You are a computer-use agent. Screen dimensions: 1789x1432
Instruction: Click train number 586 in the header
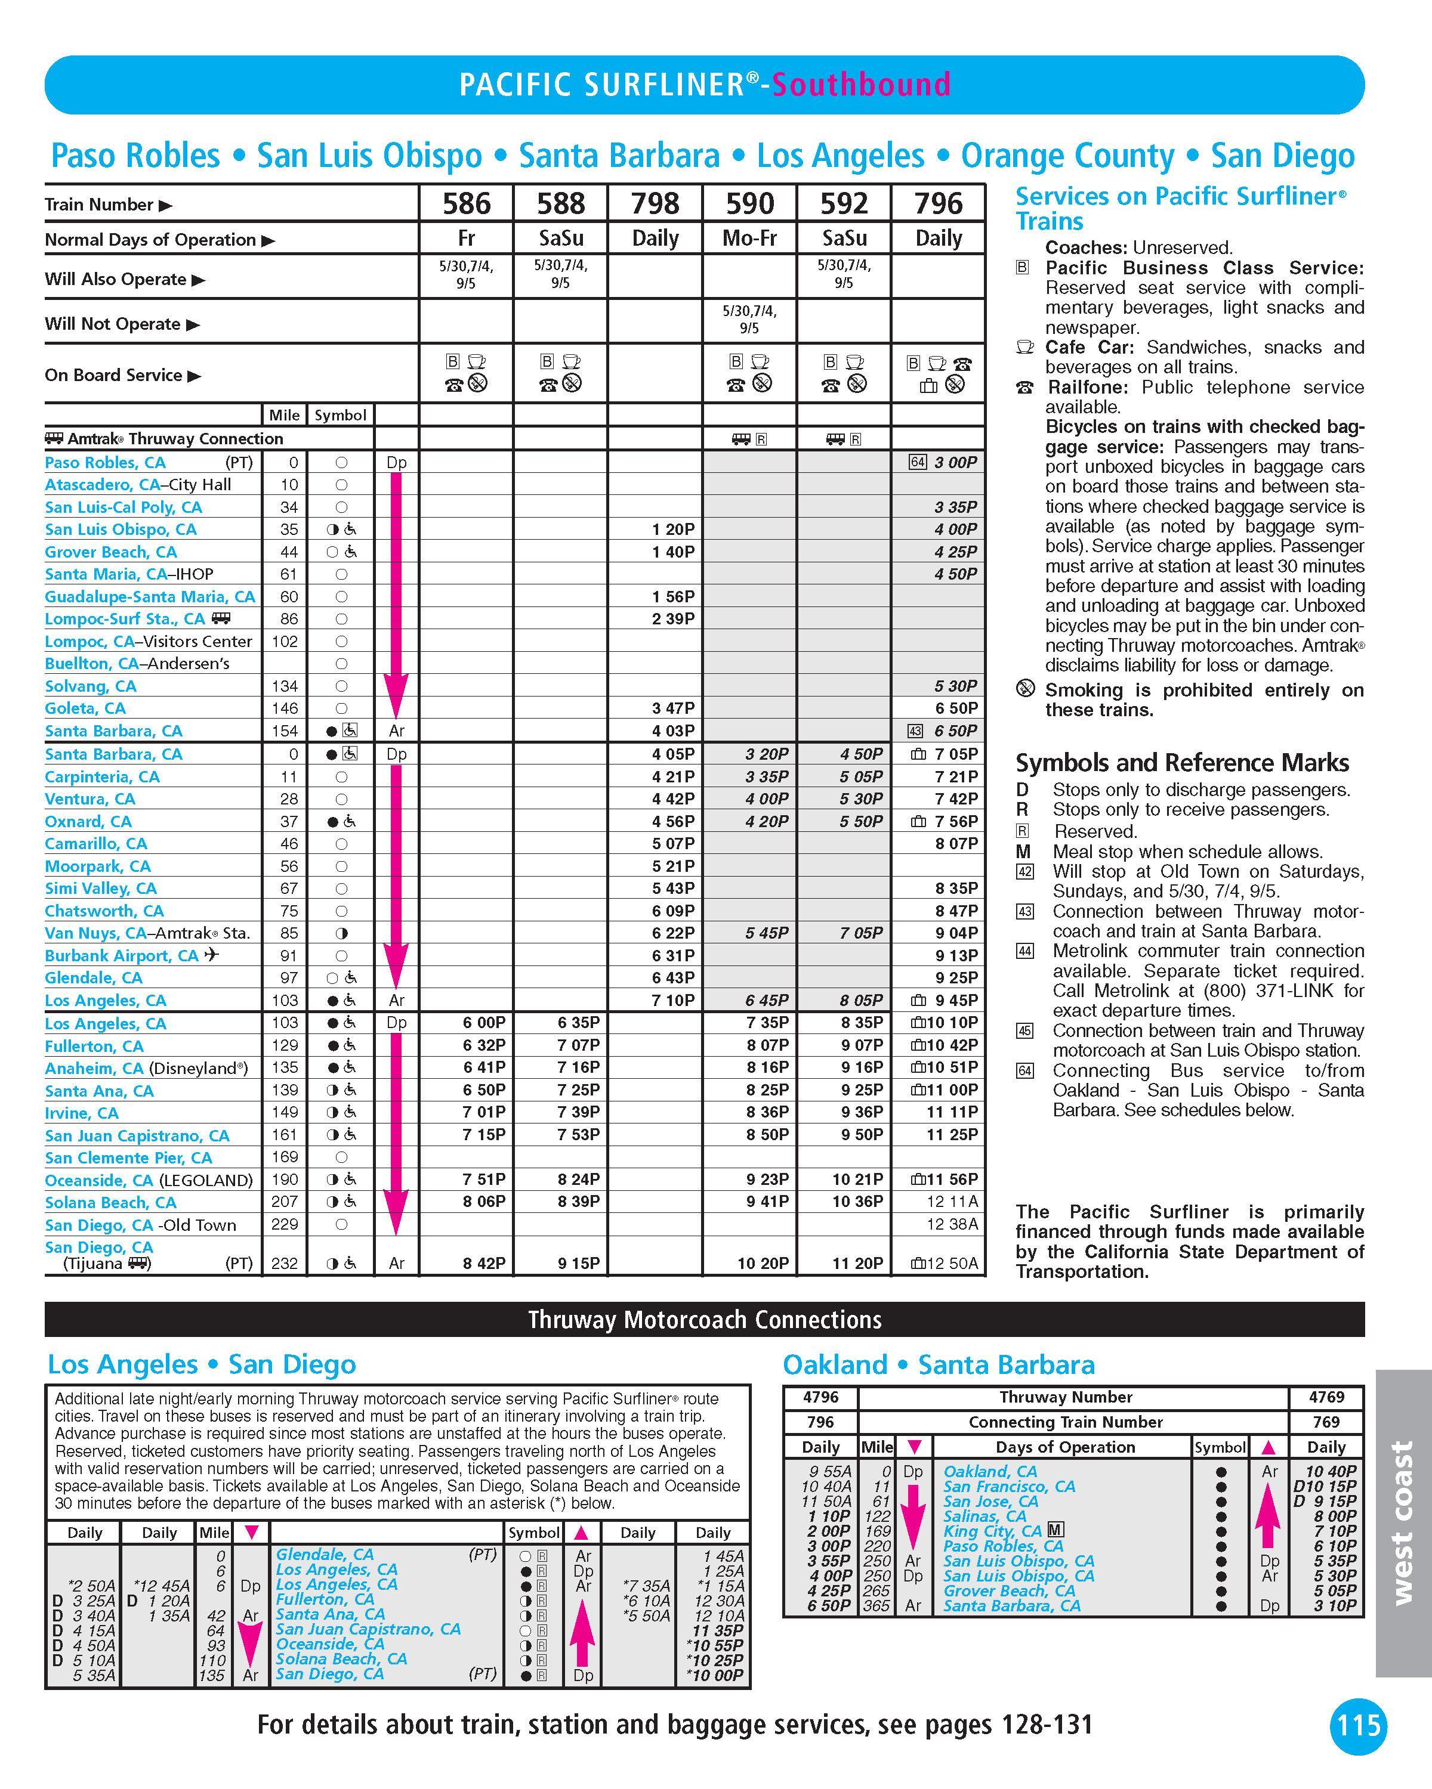tap(467, 203)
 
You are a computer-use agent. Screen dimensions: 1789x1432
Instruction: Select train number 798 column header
tap(655, 203)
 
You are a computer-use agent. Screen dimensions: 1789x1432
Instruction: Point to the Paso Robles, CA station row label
tap(106, 462)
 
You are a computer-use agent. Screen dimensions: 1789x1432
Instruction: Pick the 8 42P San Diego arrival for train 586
tap(484, 1263)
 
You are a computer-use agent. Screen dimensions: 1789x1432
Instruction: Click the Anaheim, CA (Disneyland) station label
tap(146, 1068)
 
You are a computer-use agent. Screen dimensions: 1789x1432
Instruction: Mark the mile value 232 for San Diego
tap(284, 1263)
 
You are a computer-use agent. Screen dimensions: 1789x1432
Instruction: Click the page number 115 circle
tap(1358, 1726)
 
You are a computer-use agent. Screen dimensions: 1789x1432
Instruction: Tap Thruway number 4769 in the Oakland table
tap(1326, 1397)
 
